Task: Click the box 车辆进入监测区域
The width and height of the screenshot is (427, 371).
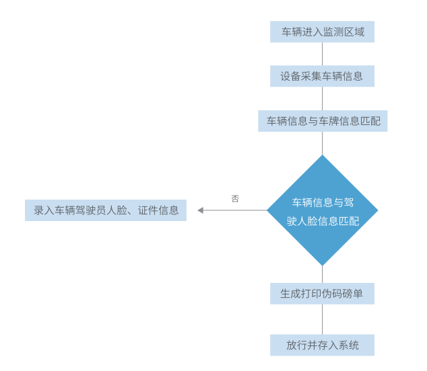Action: (x=322, y=32)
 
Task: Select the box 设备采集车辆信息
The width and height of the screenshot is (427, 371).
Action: (x=322, y=76)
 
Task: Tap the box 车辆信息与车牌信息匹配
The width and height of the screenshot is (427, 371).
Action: (x=322, y=121)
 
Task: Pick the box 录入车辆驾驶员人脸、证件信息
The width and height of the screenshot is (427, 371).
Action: (x=106, y=210)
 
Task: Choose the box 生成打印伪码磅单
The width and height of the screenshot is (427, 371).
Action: (x=322, y=294)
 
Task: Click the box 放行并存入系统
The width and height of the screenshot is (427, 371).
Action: (x=322, y=345)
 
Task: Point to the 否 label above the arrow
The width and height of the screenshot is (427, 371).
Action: (x=235, y=199)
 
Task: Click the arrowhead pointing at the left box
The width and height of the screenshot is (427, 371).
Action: (x=201, y=210)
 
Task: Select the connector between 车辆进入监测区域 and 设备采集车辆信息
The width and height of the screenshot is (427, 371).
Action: (x=322, y=54)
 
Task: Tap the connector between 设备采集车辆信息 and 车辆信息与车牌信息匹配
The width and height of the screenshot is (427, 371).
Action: (x=322, y=99)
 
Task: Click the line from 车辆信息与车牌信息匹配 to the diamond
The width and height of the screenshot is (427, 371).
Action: (x=322, y=143)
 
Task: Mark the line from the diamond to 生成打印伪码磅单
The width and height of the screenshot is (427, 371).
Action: (x=322, y=274)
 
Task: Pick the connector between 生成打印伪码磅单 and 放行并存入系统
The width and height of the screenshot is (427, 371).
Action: (x=322, y=319)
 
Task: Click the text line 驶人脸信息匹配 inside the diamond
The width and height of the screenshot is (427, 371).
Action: (x=322, y=220)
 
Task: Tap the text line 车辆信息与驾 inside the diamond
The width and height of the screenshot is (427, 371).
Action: (x=322, y=202)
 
